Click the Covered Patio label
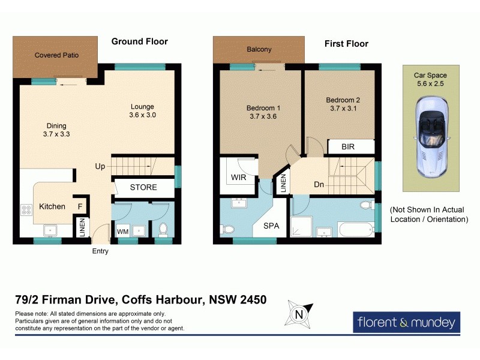coord(56,55)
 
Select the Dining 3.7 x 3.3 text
coord(57,130)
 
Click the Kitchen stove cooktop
coord(27,210)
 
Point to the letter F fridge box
coord(80,206)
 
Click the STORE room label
coord(143,187)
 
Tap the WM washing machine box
coord(122,231)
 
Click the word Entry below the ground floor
coord(100,251)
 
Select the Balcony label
coord(259,49)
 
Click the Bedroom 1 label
coord(263,112)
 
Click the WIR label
coord(238,178)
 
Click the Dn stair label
coord(319,185)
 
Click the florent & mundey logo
coord(407,322)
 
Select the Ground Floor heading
coord(139,41)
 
